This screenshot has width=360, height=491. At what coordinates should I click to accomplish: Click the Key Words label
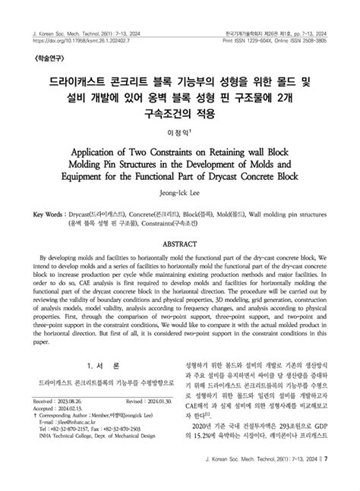[48, 215]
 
